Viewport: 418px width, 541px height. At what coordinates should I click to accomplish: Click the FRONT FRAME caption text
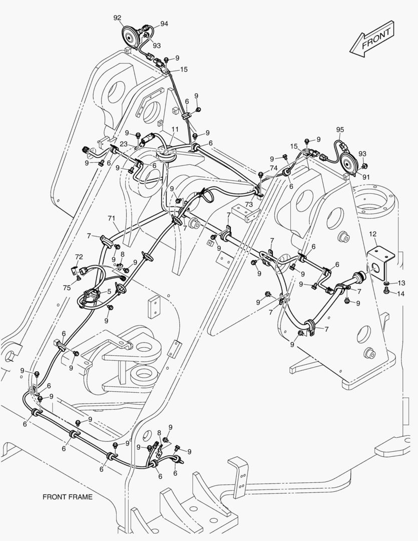click(68, 497)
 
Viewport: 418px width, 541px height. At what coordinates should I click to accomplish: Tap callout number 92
click(117, 18)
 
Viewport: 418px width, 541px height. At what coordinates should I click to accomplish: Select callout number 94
click(164, 24)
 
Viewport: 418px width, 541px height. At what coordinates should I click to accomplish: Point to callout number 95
click(340, 130)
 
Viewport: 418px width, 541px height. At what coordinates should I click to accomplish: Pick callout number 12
click(372, 234)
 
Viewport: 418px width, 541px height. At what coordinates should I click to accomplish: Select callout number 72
click(79, 257)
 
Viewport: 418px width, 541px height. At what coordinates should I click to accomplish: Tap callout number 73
click(249, 204)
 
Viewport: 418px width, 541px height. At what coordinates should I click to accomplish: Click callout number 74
click(273, 168)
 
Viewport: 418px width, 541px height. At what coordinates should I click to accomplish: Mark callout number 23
click(123, 144)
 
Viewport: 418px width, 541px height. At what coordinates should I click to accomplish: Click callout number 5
click(109, 291)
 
